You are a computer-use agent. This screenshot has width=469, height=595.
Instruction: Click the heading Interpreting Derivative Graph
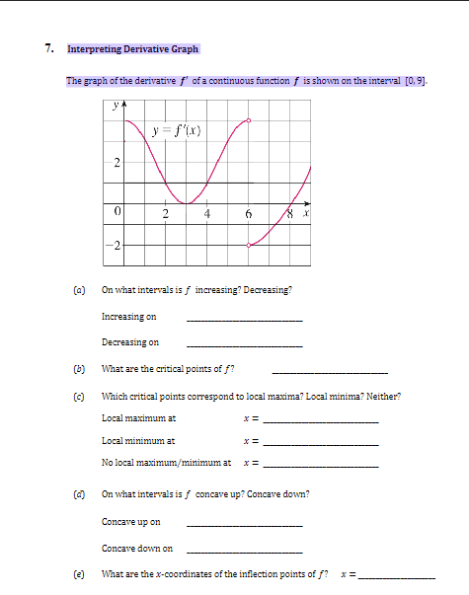tap(133, 48)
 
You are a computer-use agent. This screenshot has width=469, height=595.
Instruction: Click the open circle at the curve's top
tap(248, 120)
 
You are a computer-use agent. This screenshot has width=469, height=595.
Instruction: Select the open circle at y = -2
tap(248, 246)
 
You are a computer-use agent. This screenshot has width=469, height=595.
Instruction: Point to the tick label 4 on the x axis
tap(207, 214)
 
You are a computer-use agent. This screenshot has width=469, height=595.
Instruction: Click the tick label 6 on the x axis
tap(249, 214)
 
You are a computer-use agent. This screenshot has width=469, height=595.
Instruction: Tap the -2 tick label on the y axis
tap(117, 246)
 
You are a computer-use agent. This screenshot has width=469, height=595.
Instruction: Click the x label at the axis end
tap(306, 212)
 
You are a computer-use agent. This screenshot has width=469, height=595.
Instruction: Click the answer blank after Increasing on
tap(244, 321)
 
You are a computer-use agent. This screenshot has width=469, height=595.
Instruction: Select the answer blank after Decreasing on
tap(244, 346)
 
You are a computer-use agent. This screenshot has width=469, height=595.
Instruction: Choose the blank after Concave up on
tap(244, 525)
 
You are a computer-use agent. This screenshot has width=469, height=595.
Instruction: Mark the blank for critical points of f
tap(329, 372)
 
